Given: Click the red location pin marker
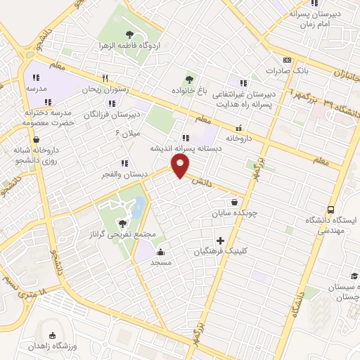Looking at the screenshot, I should [181, 166].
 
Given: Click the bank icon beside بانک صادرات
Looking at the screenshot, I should [287, 60].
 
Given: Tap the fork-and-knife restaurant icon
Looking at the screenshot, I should [105, 78].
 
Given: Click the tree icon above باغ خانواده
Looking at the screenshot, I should [188, 79].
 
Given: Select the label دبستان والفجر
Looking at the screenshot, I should [123, 173].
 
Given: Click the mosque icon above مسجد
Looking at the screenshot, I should [161, 252].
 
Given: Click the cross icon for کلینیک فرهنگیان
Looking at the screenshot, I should [221, 240].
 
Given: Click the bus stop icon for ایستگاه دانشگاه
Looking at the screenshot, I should [330, 210].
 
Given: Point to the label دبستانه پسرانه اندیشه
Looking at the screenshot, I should [185, 148].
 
